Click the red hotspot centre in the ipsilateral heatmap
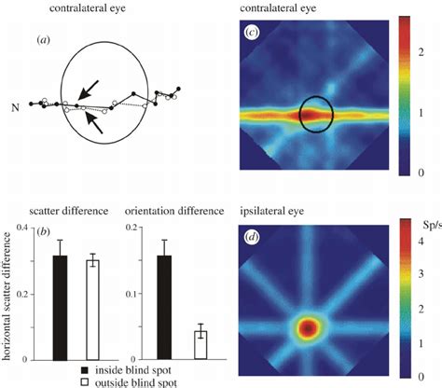click(x=309, y=329)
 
